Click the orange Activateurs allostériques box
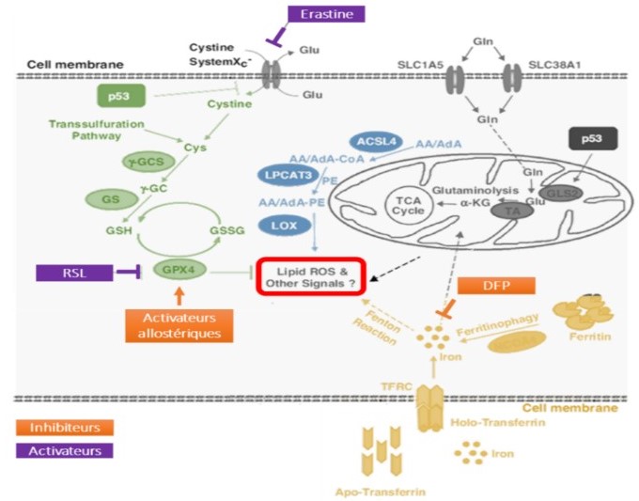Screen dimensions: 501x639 pos(179,321)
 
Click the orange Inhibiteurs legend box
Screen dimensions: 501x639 pos(70,427)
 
